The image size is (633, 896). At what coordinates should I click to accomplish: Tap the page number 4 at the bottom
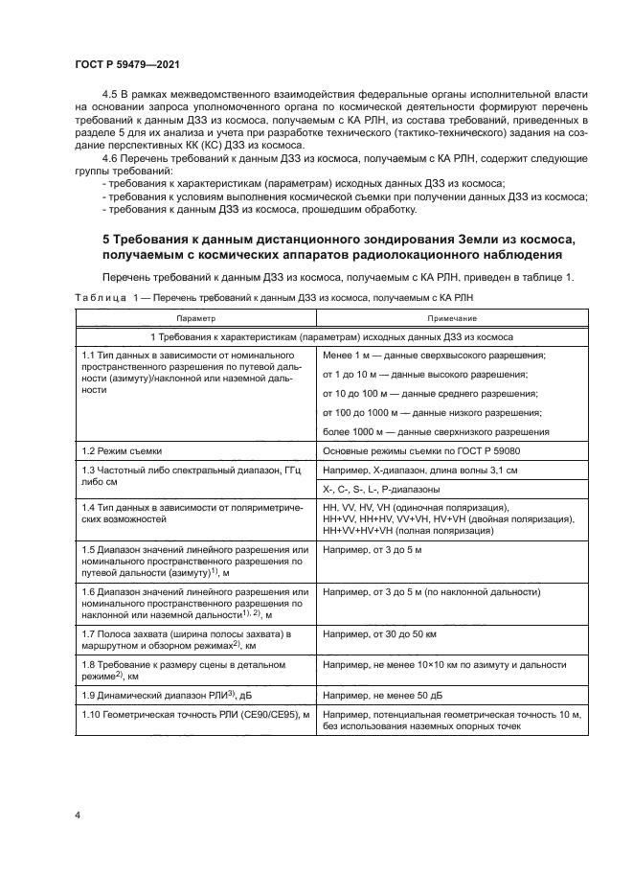(x=77, y=815)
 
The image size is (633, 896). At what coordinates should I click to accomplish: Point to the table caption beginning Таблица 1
(x=273, y=298)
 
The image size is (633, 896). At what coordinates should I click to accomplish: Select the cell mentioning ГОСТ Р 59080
(x=437, y=449)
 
